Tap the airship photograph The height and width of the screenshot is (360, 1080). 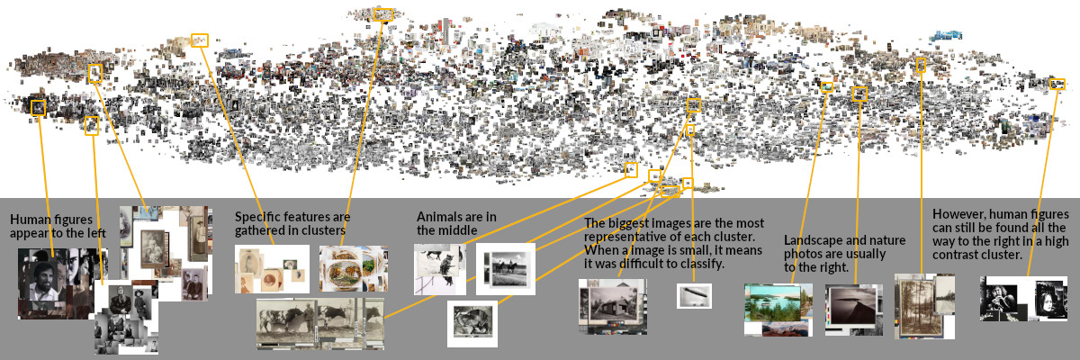pos(694,295)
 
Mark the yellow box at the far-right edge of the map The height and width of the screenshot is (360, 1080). pos(1057,85)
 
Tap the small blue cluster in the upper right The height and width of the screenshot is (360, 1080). pos(946,36)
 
